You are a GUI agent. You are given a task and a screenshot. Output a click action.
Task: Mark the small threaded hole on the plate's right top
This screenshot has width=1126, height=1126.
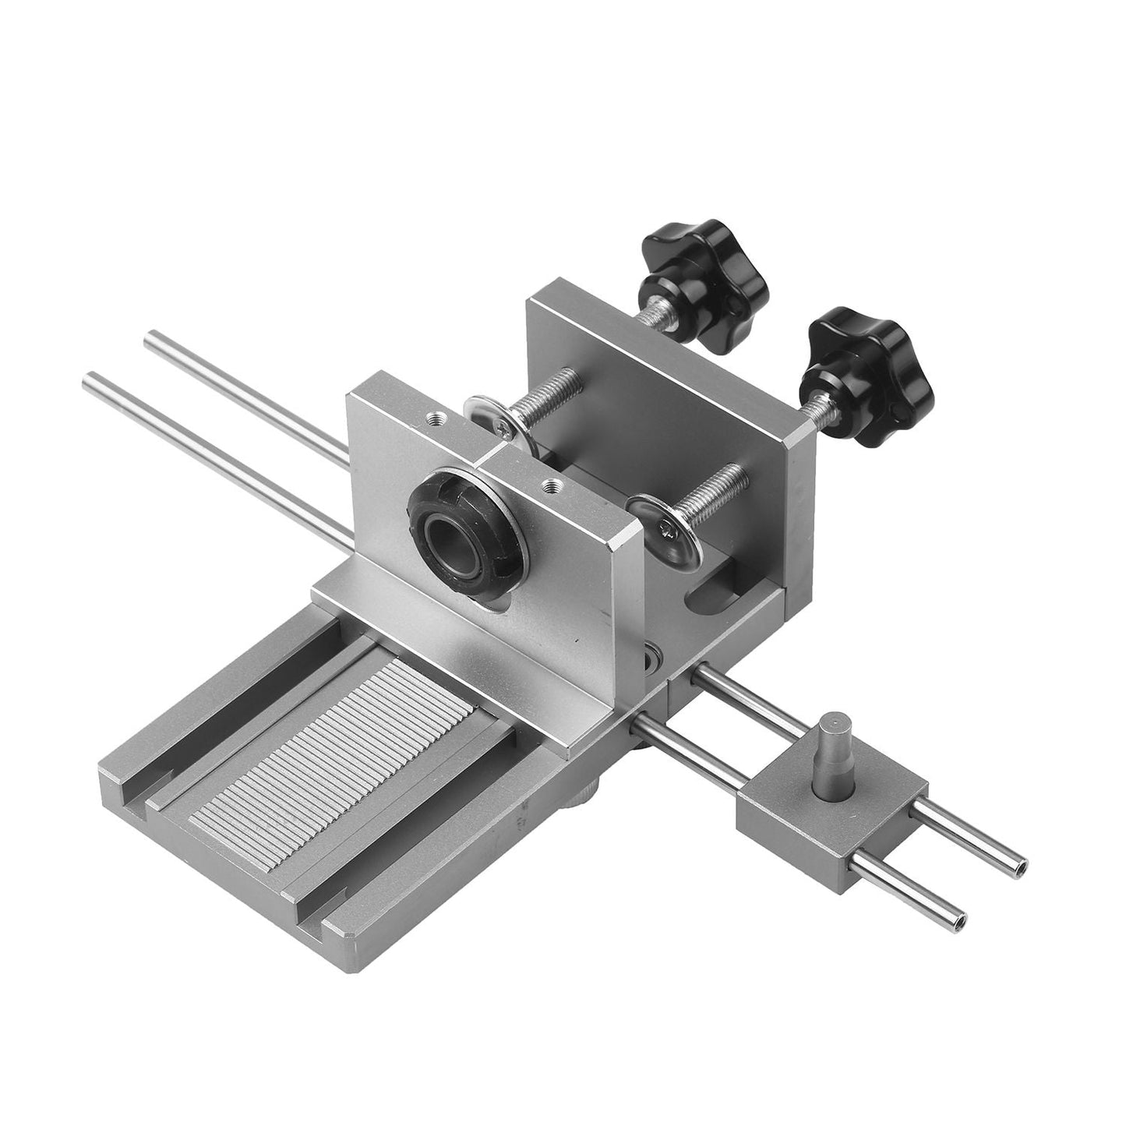coord(552,488)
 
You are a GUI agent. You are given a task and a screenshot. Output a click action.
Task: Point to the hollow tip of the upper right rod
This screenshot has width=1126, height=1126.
coord(1022,863)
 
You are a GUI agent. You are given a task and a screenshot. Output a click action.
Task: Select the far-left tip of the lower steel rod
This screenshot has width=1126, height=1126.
coord(89,379)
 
